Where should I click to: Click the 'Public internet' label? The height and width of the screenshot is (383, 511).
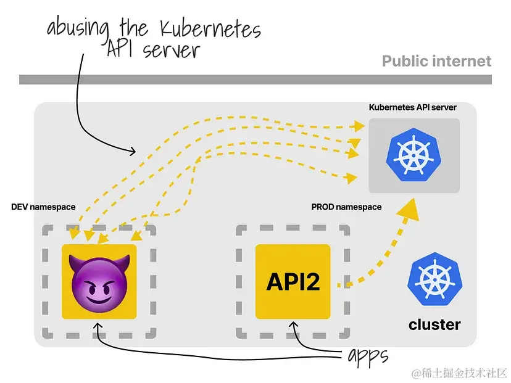436,61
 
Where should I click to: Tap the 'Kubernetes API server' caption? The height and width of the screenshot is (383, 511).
413,107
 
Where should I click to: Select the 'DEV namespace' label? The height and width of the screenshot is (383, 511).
43,207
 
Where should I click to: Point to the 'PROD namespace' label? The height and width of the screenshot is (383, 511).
346,207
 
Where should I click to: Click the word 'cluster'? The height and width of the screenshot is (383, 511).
434,324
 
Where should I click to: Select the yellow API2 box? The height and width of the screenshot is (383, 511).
293,282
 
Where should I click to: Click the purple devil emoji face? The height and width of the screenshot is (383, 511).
99,282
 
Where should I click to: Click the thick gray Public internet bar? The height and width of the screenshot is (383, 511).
255,79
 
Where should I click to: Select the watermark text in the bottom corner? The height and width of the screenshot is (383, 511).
460,373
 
